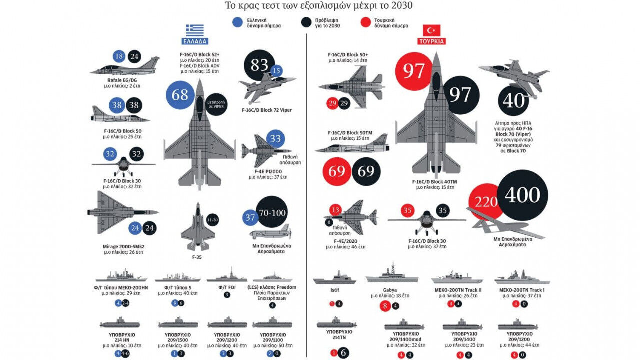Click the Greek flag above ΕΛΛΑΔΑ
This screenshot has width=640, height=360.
pos(195,30)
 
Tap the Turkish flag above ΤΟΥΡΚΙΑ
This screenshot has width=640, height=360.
pos(431,30)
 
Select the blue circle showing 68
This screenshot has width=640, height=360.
pos(180,95)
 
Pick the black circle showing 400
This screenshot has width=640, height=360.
pos(522,195)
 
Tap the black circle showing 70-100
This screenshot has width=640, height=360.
pos(272,213)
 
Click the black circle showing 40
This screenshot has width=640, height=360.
pos(514,101)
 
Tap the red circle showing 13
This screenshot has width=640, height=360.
pos(335,210)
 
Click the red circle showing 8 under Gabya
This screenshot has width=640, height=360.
pos(385,305)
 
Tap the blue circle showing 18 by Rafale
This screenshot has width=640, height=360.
pos(119,56)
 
